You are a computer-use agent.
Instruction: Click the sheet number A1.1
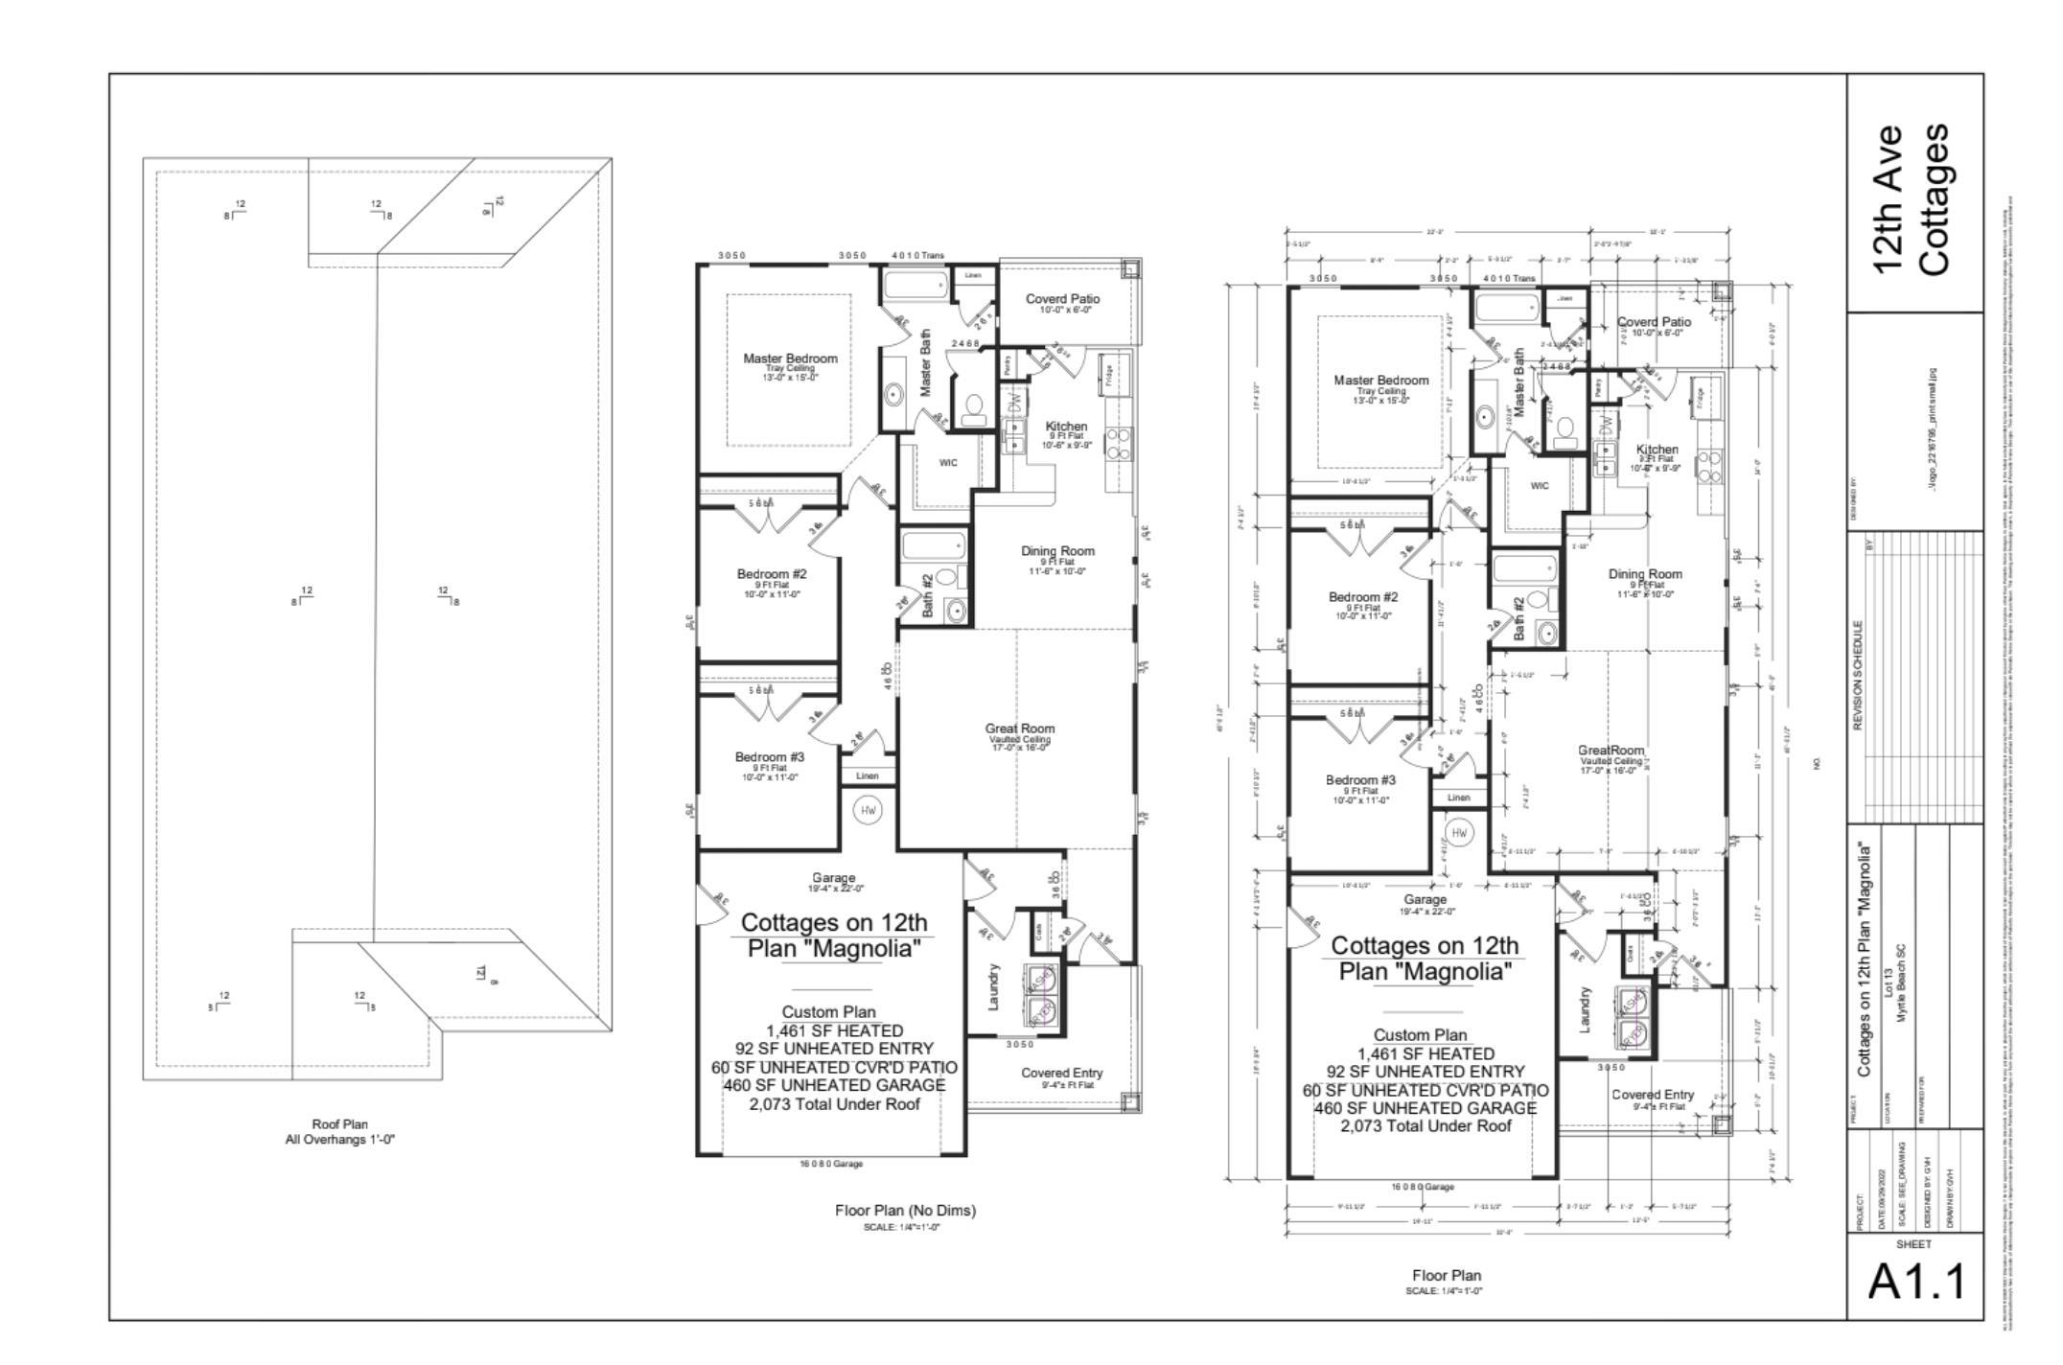(1915, 1282)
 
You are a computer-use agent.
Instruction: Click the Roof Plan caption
(339, 1123)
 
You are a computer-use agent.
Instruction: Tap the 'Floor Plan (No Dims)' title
(905, 1211)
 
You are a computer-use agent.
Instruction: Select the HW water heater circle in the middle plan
(869, 810)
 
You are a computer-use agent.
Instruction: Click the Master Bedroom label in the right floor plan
(1380, 381)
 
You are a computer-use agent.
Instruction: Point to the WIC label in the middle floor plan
(948, 463)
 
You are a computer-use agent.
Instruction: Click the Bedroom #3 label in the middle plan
(770, 757)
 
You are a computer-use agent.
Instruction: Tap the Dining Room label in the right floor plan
(1645, 574)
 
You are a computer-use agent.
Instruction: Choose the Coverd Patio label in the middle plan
(1062, 299)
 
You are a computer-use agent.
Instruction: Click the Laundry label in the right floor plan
(1585, 1010)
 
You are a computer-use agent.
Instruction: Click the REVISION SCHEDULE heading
(1857, 676)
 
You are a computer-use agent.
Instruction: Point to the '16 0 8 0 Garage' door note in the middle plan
(831, 1164)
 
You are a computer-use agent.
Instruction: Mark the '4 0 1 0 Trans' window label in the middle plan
(917, 256)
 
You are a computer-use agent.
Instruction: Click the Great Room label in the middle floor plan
(1019, 729)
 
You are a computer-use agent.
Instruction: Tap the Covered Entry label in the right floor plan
(1653, 1095)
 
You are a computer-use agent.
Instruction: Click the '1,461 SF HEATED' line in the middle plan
(833, 1030)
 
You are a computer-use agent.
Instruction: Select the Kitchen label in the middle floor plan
(1066, 427)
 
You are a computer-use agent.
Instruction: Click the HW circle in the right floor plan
(1459, 833)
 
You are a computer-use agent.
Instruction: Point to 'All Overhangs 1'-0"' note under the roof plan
(339, 1140)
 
